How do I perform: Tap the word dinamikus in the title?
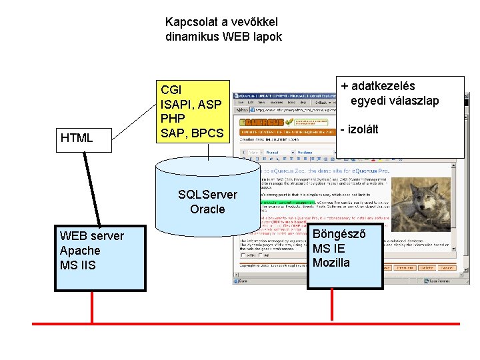(191, 37)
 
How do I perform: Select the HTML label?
(77, 138)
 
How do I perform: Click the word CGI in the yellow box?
(171, 90)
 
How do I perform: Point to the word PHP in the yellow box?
(173, 119)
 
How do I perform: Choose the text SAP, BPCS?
(192, 133)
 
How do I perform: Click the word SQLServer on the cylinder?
(207, 195)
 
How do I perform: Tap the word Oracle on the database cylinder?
(207, 209)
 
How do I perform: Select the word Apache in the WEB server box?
(80, 251)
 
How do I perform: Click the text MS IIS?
(78, 265)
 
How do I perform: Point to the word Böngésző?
(339, 233)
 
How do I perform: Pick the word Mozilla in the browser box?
(331, 263)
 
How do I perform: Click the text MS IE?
(329, 248)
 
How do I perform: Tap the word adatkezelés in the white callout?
(383, 86)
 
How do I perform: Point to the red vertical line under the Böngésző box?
(345, 306)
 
